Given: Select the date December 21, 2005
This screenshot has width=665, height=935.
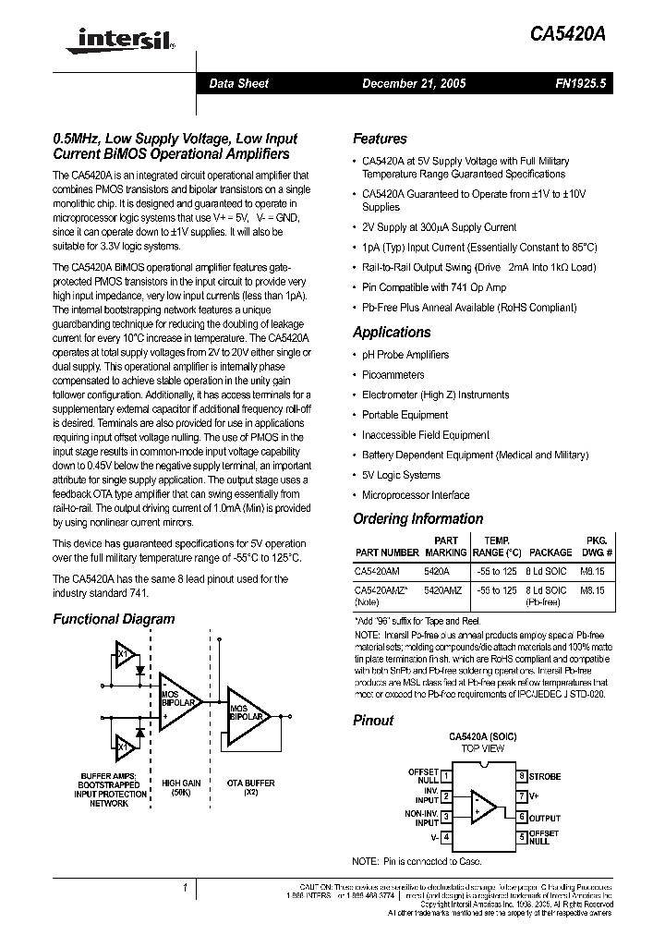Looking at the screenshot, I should click(x=413, y=83).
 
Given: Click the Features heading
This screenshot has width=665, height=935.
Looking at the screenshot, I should click(x=380, y=139).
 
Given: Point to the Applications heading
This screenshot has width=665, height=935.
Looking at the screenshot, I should click(x=392, y=333).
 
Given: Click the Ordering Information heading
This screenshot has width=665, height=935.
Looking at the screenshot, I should click(x=417, y=519).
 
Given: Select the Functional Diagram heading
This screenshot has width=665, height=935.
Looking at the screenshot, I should click(x=114, y=619).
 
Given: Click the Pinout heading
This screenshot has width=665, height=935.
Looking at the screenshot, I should click(x=373, y=720).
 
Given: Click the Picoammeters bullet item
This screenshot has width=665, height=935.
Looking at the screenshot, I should click(x=393, y=375).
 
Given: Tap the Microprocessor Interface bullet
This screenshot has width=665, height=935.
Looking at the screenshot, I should click(x=415, y=495).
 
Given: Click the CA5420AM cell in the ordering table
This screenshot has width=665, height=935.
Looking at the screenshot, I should click(x=378, y=571).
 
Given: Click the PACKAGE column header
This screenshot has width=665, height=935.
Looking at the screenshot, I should click(x=550, y=552).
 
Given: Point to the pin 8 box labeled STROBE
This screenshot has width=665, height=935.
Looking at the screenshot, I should click(x=522, y=776).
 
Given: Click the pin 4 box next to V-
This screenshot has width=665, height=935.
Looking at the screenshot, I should click(x=446, y=837).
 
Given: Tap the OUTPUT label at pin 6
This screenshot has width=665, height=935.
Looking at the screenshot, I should click(x=544, y=817).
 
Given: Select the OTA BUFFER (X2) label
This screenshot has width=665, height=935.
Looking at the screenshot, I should click(x=250, y=788).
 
